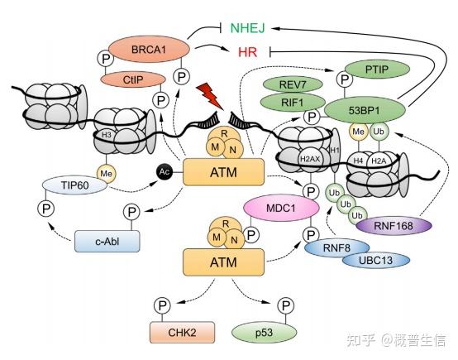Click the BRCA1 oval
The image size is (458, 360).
[x=149, y=49]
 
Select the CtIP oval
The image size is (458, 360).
[x=133, y=79]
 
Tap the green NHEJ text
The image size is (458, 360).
[x=247, y=28]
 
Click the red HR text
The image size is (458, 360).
[x=247, y=52]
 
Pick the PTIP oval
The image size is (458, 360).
[x=377, y=70]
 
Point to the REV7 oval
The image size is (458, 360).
[x=293, y=84]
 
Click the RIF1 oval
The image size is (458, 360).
[x=293, y=103]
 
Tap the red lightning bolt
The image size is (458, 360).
[x=210, y=96]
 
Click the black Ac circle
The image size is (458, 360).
[x=165, y=171]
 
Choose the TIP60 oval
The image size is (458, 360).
[x=74, y=185]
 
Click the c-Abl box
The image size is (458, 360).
[x=107, y=242]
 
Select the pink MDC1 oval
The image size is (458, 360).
[x=281, y=208]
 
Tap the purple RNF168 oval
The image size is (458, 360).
[x=394, y=226]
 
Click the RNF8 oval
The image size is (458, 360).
[x=336, y=248]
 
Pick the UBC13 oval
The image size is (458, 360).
[x=376, y=261]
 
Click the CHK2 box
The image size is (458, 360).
[x=182, y=333]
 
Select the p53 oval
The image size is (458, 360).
[x=265, y=333]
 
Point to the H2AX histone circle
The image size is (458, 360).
[x=310, y=160]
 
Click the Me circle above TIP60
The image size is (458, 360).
[x=106, y=174]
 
